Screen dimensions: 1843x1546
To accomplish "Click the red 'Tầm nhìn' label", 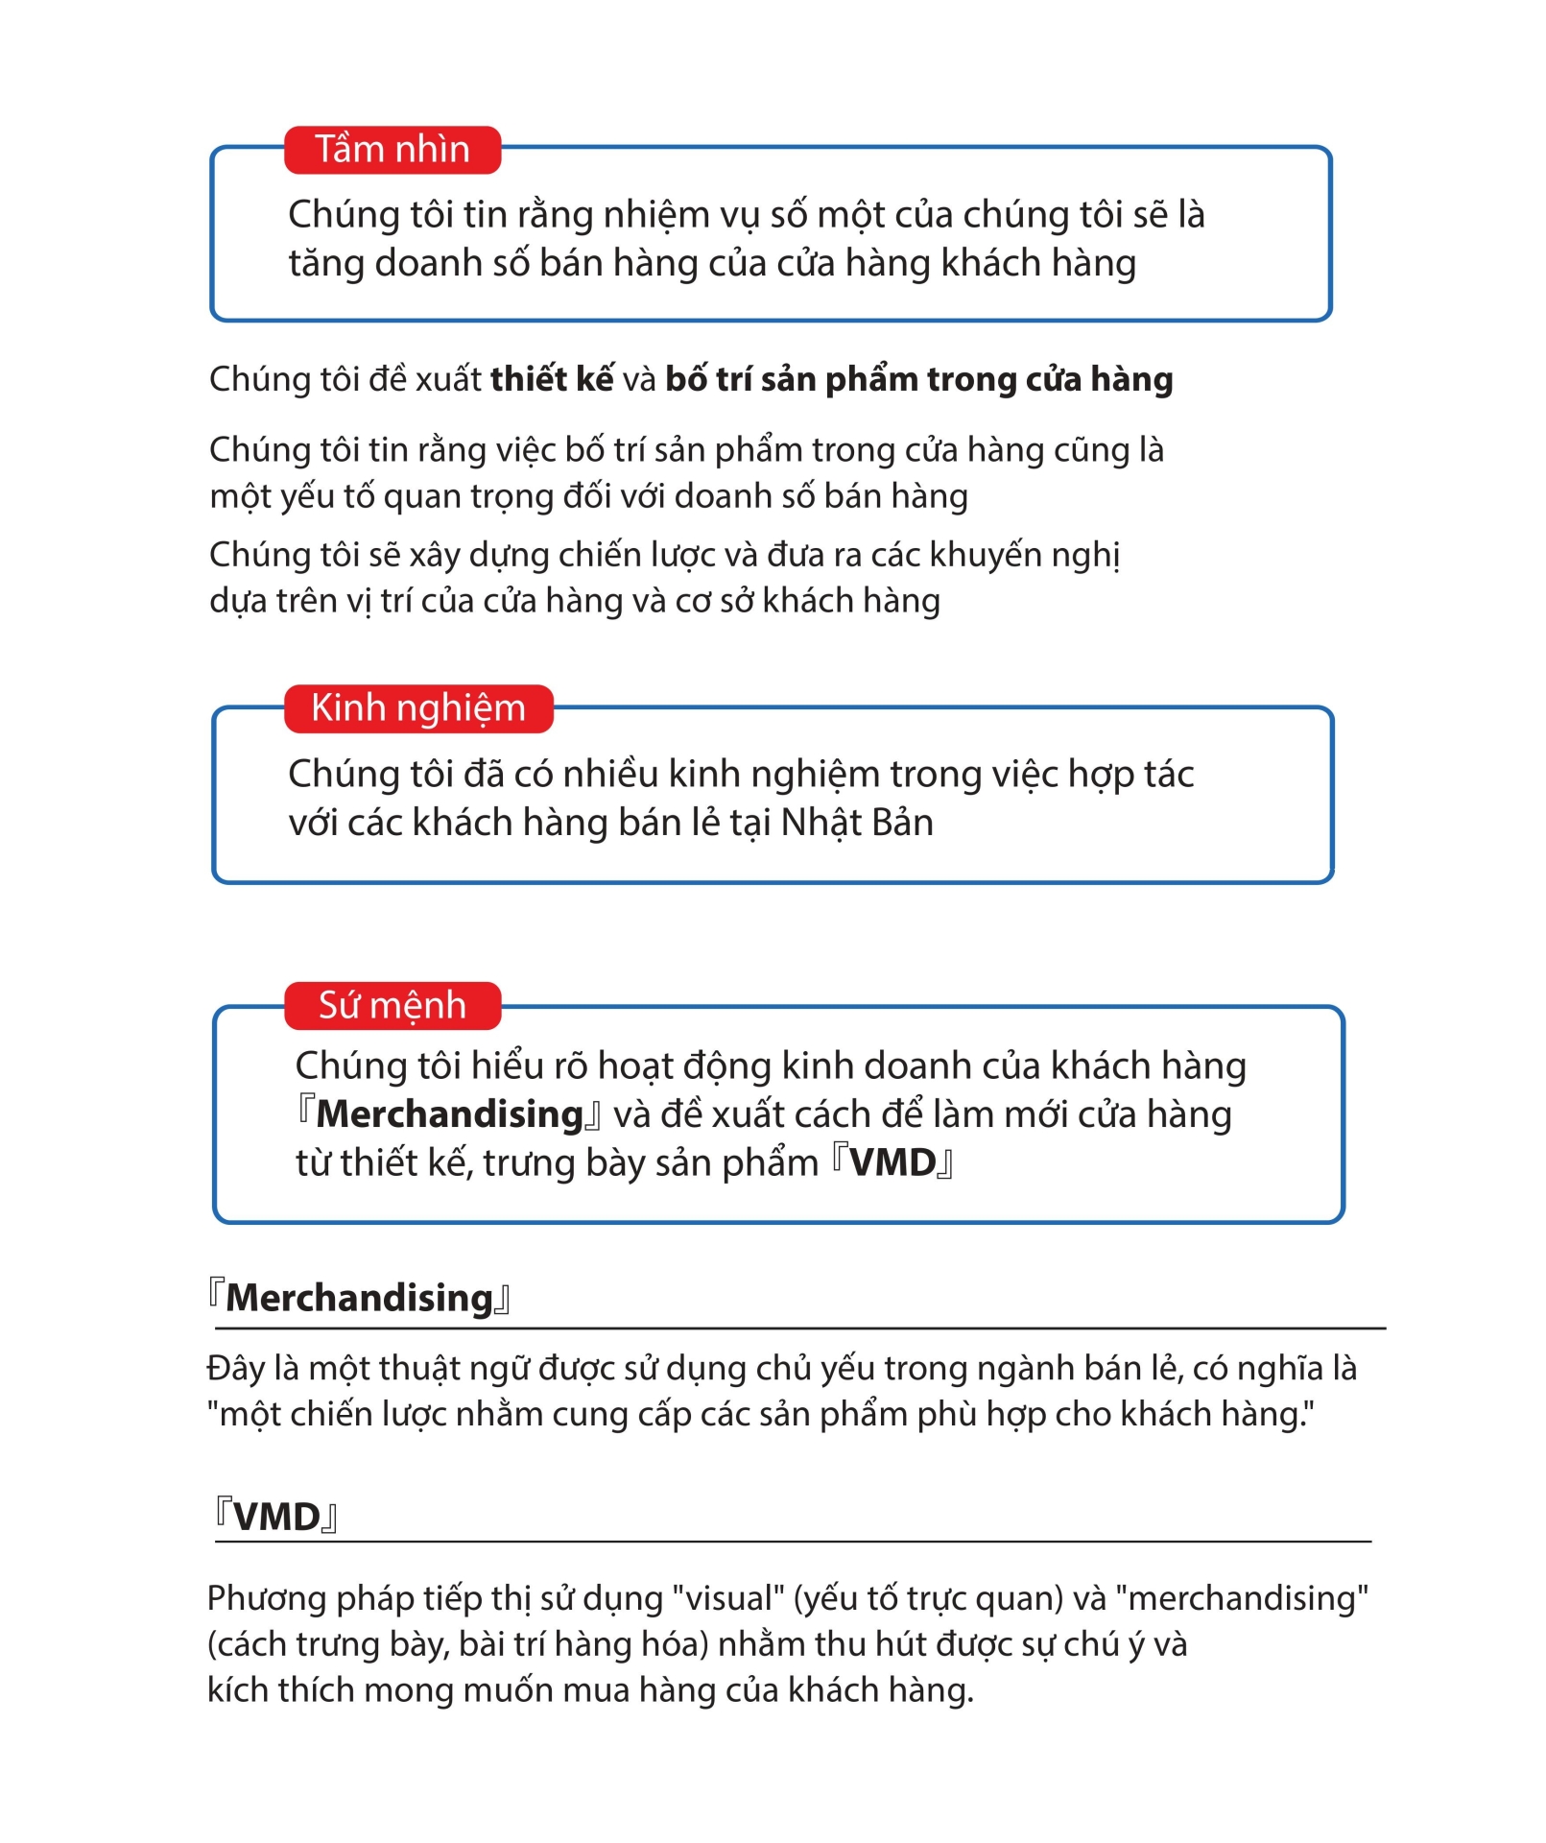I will pyautogui.click(x=392, y=150).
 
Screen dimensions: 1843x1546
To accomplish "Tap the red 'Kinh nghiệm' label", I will pyautogui.click(x=418, y=708).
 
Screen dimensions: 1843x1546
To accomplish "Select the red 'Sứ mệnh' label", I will pyautogui.click(x=392, y=1006).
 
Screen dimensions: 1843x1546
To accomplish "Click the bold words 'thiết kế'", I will pyautogui.click(x=551, y=379).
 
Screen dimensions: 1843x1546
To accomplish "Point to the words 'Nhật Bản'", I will pyautogui.click(x=856, y=823).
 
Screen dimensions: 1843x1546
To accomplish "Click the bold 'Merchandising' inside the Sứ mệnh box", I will pyautogui.click(x=449, y=1114).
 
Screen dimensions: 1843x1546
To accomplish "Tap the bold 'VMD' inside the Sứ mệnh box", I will pyautogui.click(x=892, y=1163).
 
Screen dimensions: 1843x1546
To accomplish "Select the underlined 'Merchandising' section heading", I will pyautogui.click(x=359, y=1298).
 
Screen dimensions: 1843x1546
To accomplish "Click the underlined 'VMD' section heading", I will pyautogui.click(x=276, y=1518).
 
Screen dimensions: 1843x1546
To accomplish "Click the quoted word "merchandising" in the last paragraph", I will pyautogui.click(x=1242, y=1598).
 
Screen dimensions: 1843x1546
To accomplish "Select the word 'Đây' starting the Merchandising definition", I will pyautogui.click(x=236, y=1368).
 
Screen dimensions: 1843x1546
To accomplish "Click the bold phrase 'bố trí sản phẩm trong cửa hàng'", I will pyautogui.click(x=918, y=379).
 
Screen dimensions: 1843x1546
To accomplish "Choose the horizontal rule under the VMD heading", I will pyautogui.click(x=793, y=1542).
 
